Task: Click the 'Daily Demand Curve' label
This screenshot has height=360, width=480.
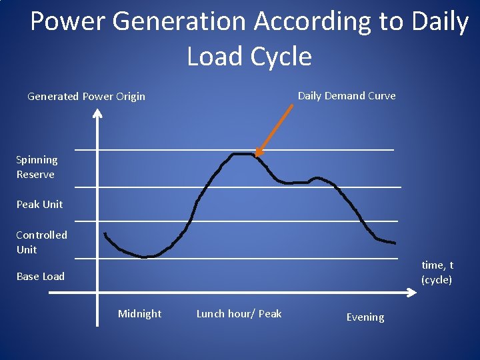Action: tap(346, 95)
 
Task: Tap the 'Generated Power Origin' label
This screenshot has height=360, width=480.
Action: tap(86, 97)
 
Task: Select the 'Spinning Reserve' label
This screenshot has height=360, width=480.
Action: tap(37, 167)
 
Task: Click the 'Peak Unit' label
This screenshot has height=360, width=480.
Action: tap(39, 204)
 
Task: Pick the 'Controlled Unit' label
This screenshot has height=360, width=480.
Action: tap(41, 242)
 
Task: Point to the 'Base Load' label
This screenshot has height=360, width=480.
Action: tap(41, 276)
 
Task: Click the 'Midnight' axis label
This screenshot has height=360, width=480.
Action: tap(139, 313)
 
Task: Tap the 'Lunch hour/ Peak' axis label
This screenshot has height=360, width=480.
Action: tap(239, 313)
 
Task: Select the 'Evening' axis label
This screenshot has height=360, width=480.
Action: tap(365, 317)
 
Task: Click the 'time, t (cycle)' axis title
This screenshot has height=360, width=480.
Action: tap(437, 273)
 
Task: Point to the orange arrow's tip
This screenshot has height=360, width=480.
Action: tap(257, 155)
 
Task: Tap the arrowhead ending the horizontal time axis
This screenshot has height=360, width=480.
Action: tap(411, 293)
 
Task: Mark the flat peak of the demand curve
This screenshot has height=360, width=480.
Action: tap(243, 154)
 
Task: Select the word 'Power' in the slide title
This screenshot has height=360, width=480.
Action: tap(69, 22)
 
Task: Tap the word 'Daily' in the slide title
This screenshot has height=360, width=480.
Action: tap(441, 22)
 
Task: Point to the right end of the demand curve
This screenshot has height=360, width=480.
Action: tap(395, 243)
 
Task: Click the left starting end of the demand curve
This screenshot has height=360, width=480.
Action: tap(105, 233)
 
